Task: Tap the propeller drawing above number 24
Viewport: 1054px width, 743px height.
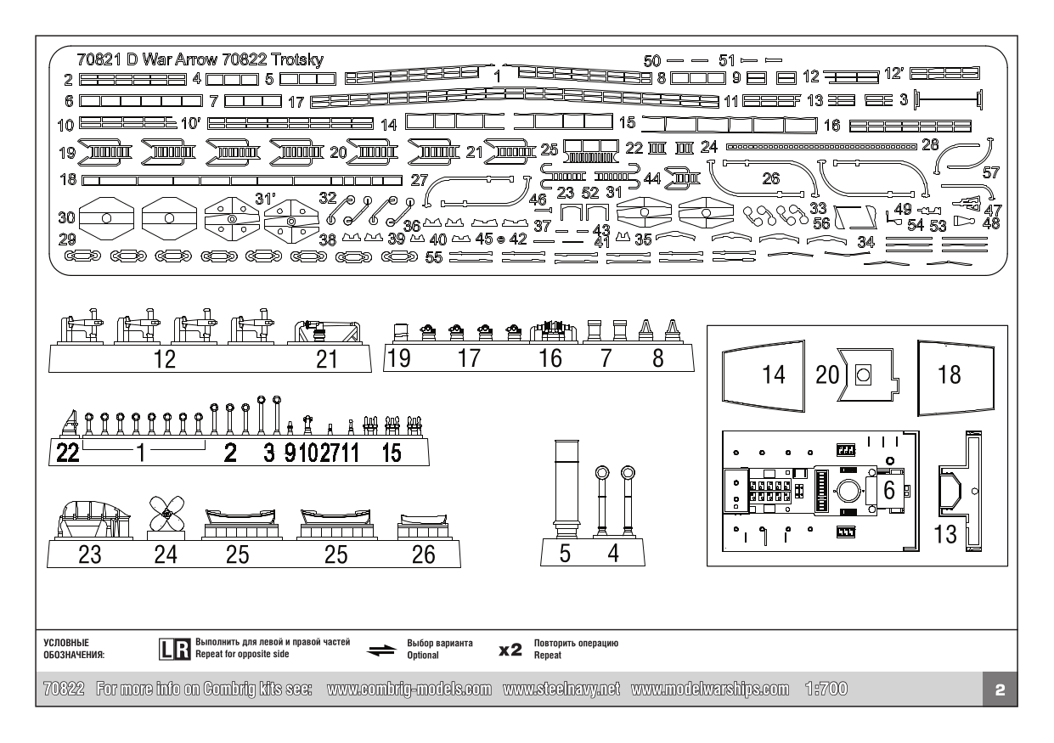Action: pos(166,513)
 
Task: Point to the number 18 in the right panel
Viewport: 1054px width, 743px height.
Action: pos(949,375)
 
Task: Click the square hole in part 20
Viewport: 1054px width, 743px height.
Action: pos(865,374)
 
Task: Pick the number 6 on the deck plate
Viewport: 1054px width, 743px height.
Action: pos(888,490)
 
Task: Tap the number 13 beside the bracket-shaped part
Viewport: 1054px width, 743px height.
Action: pos(946,536)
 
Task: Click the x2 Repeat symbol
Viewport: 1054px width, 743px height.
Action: pos(510,650)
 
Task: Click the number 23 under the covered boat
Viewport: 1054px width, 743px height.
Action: pos(89,554)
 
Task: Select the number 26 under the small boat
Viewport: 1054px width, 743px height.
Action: pos(422,554)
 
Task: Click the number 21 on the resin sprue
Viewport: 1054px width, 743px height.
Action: pos(327,359)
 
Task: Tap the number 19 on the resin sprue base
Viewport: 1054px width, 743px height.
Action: pos(398,358)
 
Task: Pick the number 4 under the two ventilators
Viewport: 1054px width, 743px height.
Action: pos(612,554)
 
